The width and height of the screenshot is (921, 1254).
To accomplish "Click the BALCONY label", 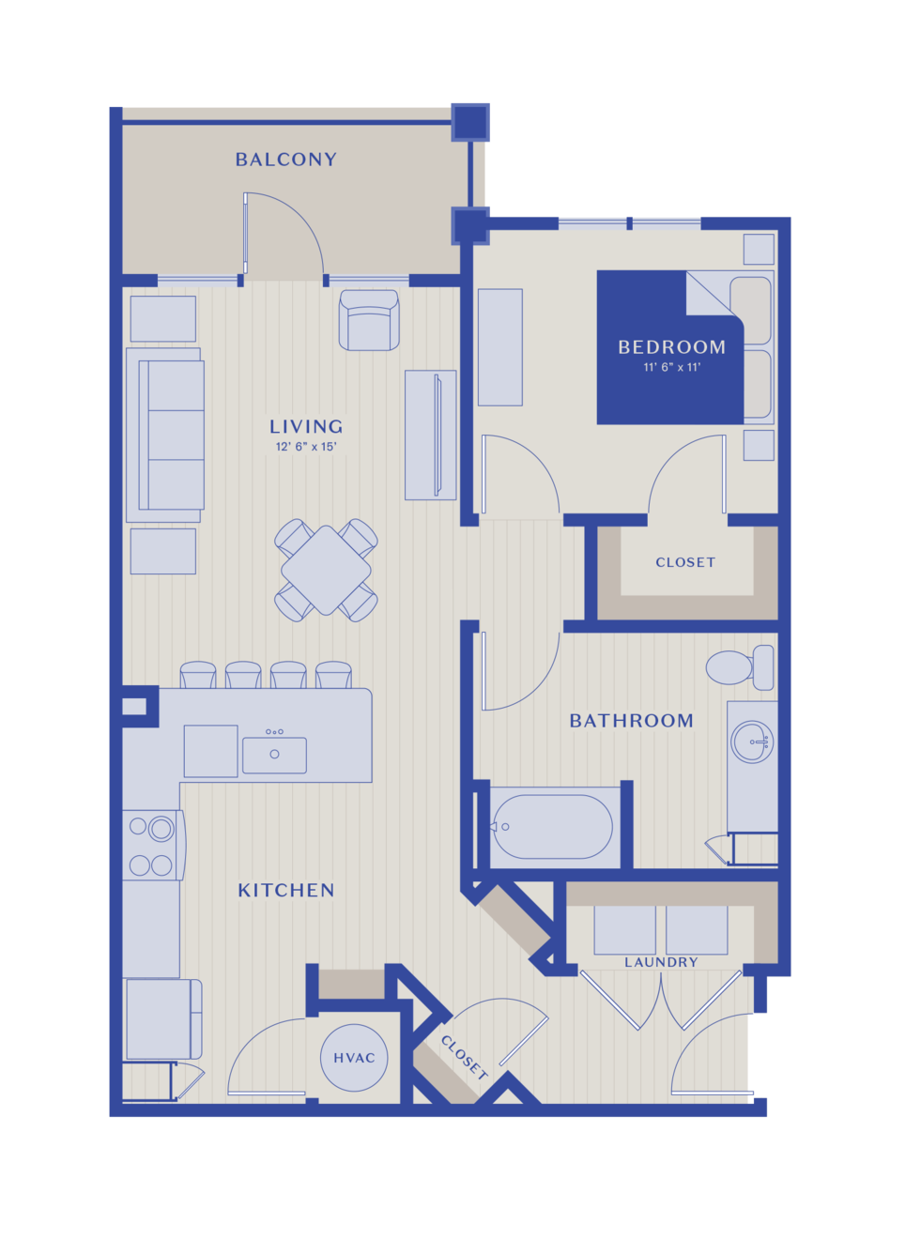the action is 286,160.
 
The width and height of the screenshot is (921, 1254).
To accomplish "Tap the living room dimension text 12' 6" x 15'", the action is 306,447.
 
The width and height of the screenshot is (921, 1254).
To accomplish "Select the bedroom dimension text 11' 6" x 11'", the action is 672,367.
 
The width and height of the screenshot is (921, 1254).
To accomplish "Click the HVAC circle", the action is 354,1058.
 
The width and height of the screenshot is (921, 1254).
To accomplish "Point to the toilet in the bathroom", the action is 740,667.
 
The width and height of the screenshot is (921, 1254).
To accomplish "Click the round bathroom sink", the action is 752,742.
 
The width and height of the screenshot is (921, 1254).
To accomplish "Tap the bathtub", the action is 553,827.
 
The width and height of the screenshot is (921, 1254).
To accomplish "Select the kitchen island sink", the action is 274,756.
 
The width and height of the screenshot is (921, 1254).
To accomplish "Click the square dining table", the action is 326,571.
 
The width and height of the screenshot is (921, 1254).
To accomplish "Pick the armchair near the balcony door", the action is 369,320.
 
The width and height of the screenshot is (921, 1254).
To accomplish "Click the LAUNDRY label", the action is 661,962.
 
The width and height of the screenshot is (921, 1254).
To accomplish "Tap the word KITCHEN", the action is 286,890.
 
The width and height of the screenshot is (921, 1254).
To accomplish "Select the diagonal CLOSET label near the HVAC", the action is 464,1057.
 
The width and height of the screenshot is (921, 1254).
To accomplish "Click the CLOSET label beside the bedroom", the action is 685,562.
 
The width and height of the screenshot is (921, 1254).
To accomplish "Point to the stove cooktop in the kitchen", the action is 152,846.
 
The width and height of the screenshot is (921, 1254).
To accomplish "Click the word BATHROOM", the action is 632,721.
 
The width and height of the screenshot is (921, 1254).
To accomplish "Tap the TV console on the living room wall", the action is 431,435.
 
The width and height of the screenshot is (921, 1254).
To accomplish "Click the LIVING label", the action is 306,427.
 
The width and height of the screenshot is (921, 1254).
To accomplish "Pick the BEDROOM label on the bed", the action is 672,347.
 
